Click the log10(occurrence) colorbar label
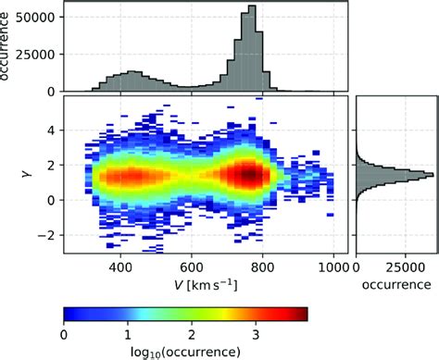click(x=185, y=350)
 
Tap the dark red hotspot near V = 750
click(x=247, y=173)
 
